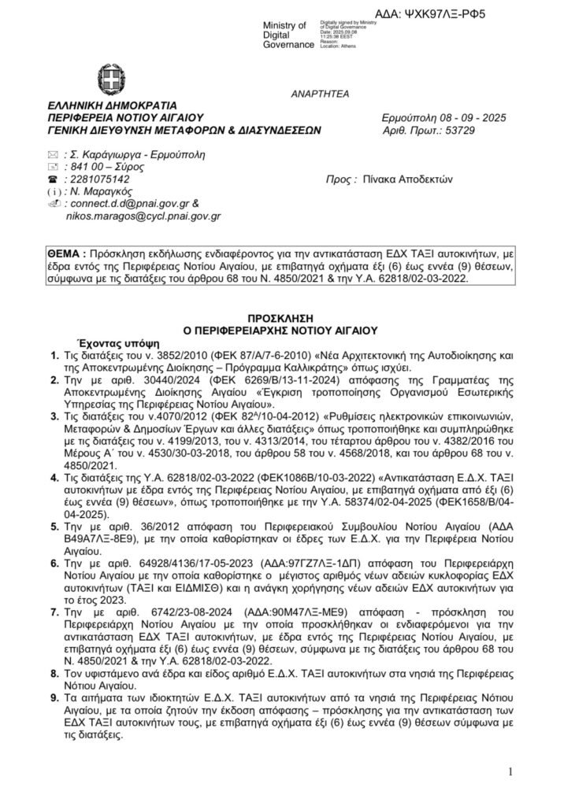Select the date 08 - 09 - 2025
[466, 118]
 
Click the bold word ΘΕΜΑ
[66, 256]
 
